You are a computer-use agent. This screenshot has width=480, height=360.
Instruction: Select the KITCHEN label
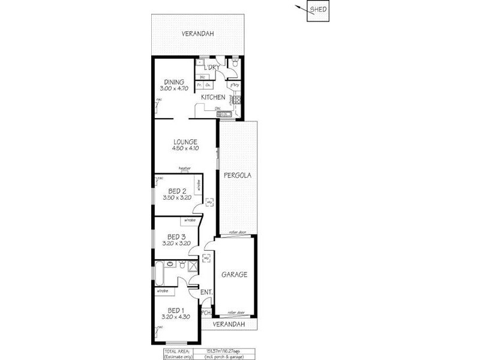213,97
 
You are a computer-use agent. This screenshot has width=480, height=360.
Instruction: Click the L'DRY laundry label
211,67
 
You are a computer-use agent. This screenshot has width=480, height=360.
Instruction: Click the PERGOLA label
237,176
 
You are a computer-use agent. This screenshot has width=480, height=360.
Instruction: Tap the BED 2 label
176,191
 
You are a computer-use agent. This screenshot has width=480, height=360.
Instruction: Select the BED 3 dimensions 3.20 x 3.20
176,243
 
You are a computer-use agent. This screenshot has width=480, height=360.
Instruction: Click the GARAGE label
234,274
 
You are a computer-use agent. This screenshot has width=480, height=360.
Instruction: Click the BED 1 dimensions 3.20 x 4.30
176,316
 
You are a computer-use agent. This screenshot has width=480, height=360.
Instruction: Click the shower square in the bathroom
193,265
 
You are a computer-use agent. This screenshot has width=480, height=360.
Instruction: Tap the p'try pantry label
235,85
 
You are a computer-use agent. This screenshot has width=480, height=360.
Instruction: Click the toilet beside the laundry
236,62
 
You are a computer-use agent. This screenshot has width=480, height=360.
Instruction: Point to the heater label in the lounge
185,169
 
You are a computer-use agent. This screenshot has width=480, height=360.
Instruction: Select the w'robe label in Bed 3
189,220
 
